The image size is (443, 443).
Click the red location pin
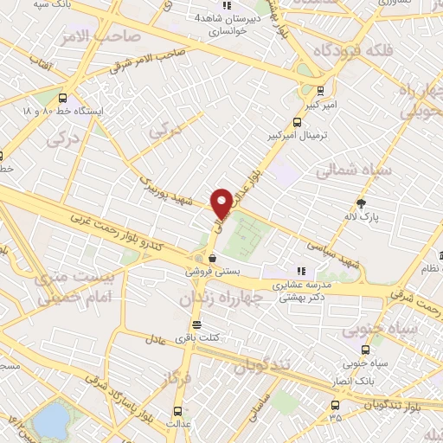pyautogui.click(x=221, y=202)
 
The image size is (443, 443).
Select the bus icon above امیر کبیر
pyautogui.click(x=321, y=90)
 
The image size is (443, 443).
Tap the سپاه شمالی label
pyautogui.click(x=355, y=170)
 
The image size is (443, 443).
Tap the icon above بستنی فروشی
pyautogui.click(x=212, y=256)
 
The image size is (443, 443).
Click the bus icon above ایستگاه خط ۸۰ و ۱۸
pyautogui.click(x=63, y=97)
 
